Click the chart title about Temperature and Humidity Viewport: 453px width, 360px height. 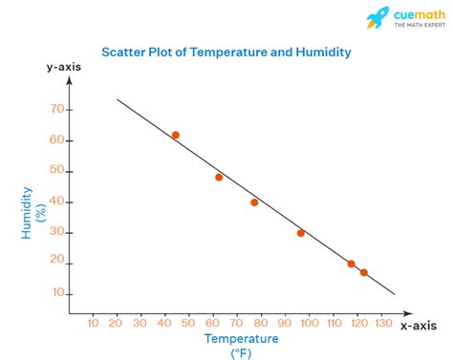click(226, 53)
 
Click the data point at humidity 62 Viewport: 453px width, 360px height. click(176, 136)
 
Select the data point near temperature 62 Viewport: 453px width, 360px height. click(219, 177)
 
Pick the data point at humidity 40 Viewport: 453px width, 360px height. click(254, 202)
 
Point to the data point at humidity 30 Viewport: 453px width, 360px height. click(301, 233)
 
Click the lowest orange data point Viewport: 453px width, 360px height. click(364, 272)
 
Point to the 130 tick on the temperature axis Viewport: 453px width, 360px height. click(383, 325)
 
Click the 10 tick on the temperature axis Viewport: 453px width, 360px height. click(93, 325)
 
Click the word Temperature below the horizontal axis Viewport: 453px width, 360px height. click(240, 339)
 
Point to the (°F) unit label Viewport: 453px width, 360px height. click(240, 353)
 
